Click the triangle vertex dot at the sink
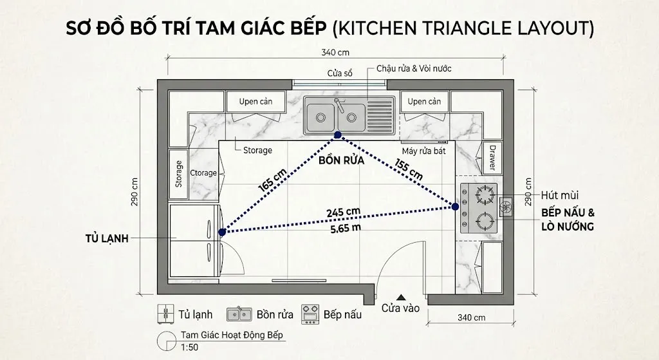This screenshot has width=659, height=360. point(337,135)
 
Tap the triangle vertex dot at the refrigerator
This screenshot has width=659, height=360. point(221,232)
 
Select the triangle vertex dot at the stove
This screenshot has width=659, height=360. point(455,207)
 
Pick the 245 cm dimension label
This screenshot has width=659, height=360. point(343,211)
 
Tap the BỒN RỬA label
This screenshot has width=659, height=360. point(341,162)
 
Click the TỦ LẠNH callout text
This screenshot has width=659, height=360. point(107,238)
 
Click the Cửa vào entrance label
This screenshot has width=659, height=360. point(400,308)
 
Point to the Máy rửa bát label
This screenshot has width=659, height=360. point(424,151)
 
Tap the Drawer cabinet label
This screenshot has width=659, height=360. point(492,158)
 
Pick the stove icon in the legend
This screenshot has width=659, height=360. point(310,314)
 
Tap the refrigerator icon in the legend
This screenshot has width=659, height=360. point(166,314)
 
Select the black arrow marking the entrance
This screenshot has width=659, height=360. point(401,297)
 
